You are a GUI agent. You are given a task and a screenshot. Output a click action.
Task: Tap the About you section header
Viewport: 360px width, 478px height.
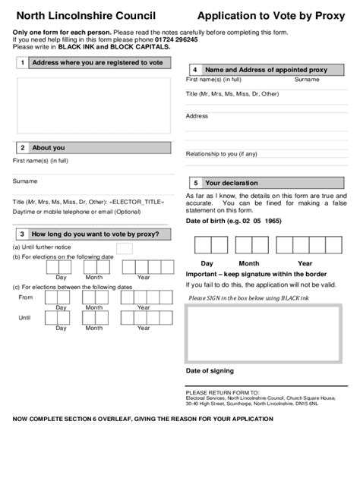pyautogui.click(x=49, y=148)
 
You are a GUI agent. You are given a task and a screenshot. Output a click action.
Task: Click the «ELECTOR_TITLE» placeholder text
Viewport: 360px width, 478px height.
pyautogui.click(x=137, y=203)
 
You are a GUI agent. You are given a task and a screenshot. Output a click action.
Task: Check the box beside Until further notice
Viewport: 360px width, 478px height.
pyautogui.click(x=124, y=248)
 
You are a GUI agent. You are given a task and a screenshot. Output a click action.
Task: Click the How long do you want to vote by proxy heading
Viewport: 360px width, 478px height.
pyautogui.click(x=96, y=234)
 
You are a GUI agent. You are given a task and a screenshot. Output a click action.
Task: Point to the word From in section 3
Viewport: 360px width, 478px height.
pyautogui.click(x=25, y=297)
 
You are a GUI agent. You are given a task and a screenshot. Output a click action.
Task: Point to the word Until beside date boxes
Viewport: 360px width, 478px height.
pyautogui.click(x=24, y=317)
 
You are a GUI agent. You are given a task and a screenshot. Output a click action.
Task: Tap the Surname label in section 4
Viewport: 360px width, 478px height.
pyautogui.click(x=307, y=79)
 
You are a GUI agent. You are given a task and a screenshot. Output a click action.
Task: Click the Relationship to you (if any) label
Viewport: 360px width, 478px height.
pyautogui.click(x=222, y=153)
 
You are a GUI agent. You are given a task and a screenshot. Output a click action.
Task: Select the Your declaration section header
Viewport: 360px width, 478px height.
pyautogui.click(x=232, y=183)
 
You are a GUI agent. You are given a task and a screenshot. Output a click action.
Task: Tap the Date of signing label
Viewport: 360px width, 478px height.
pyautogui.click(x=210, y=371)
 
